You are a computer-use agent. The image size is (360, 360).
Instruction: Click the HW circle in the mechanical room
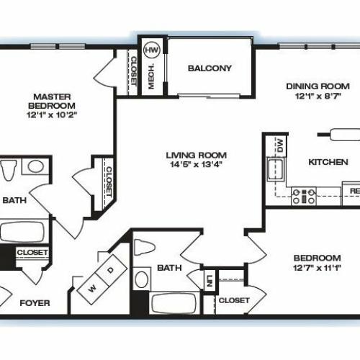point(152,50)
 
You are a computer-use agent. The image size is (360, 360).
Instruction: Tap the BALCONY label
point(210,68)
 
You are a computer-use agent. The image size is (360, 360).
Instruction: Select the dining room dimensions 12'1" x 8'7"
point(318,96)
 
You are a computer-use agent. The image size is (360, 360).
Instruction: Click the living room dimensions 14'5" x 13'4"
point(197,164)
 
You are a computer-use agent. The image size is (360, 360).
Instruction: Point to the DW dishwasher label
point(280,145)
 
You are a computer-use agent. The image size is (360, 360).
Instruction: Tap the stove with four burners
point(304,196)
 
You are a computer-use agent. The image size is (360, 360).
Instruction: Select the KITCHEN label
point(328,162)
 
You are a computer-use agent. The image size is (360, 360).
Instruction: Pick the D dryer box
point(111,270)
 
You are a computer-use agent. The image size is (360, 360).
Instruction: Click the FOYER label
point(35,303)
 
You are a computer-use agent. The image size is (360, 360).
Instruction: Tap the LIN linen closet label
point(210,281)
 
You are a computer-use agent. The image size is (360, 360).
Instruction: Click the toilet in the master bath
point(9,170)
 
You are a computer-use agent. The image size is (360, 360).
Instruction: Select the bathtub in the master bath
point(22,232)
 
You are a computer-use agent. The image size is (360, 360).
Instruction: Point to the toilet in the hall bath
point(144,247)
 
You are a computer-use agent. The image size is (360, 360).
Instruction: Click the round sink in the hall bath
point(141,279)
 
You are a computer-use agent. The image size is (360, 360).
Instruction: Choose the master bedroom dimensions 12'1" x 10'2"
point(52,114)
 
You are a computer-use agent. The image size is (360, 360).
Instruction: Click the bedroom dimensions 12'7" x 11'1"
point(317,268)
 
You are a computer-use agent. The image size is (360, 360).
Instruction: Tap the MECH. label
point(151,76)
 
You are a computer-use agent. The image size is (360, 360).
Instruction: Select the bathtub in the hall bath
point(174,303)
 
